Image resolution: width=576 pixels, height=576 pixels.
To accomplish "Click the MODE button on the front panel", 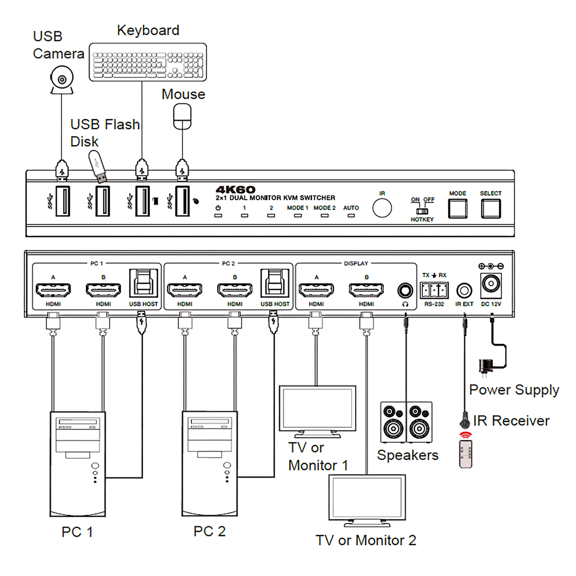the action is coord(457,209).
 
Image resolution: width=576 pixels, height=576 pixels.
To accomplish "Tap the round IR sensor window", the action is coord(382,208).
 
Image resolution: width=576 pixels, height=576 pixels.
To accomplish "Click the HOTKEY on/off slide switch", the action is coord(422,211).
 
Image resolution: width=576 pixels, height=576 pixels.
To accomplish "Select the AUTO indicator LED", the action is coord(351,215).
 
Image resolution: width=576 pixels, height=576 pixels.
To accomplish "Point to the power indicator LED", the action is coord(218,215).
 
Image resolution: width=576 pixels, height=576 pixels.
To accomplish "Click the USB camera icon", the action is coord(62,80).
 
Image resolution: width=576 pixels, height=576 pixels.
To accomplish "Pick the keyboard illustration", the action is coord(148,62).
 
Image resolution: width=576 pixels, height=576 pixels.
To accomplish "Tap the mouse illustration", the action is coord(182,117).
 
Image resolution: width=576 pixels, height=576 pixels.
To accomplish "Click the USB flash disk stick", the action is coord(98,166).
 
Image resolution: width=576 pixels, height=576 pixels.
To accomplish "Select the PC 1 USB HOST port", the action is coord(144,283).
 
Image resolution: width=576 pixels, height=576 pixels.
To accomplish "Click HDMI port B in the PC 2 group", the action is coord(234,290).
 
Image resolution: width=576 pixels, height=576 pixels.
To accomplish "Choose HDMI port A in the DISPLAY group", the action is coord(316,290).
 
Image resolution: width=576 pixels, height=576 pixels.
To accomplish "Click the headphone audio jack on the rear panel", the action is coord(405,290).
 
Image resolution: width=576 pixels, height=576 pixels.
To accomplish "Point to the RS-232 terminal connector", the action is coord(434,290).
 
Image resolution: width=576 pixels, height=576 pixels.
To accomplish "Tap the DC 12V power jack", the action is coord(491,285).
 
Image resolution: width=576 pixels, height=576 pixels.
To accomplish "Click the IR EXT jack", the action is coord(464,290).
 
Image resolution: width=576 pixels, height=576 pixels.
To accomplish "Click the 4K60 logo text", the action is coord(235,189).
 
